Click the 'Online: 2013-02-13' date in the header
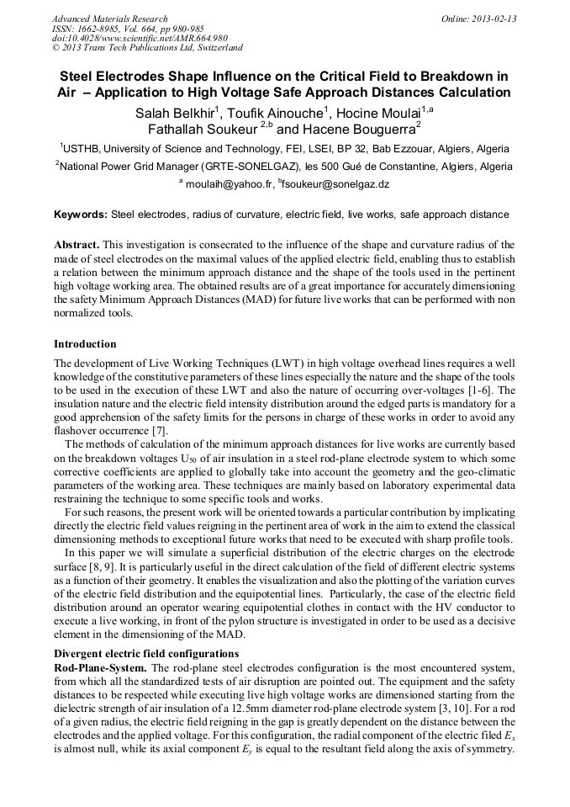click(478, 19)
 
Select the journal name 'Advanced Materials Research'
click(109, 19)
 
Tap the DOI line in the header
click(140, 38)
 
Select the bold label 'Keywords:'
click(81, 215)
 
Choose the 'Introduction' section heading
click(85, 344)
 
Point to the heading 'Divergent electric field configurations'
click(146, 654)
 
